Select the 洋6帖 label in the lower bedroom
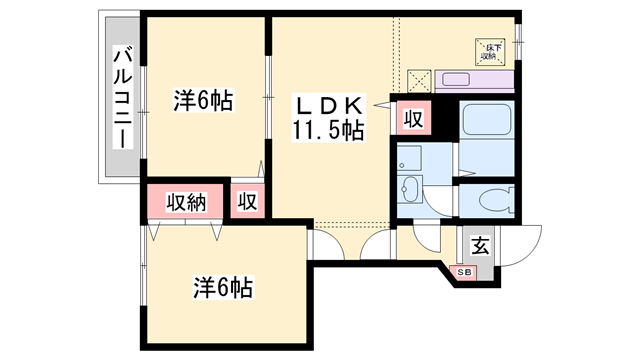221,289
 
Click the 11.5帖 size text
327,129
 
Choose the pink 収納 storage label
186,201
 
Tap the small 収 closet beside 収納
247,201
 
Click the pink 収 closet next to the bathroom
411,121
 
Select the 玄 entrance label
479,244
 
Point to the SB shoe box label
465,271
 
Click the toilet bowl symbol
493,200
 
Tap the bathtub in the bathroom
487,128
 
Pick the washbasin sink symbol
409,189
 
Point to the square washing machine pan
410,158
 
